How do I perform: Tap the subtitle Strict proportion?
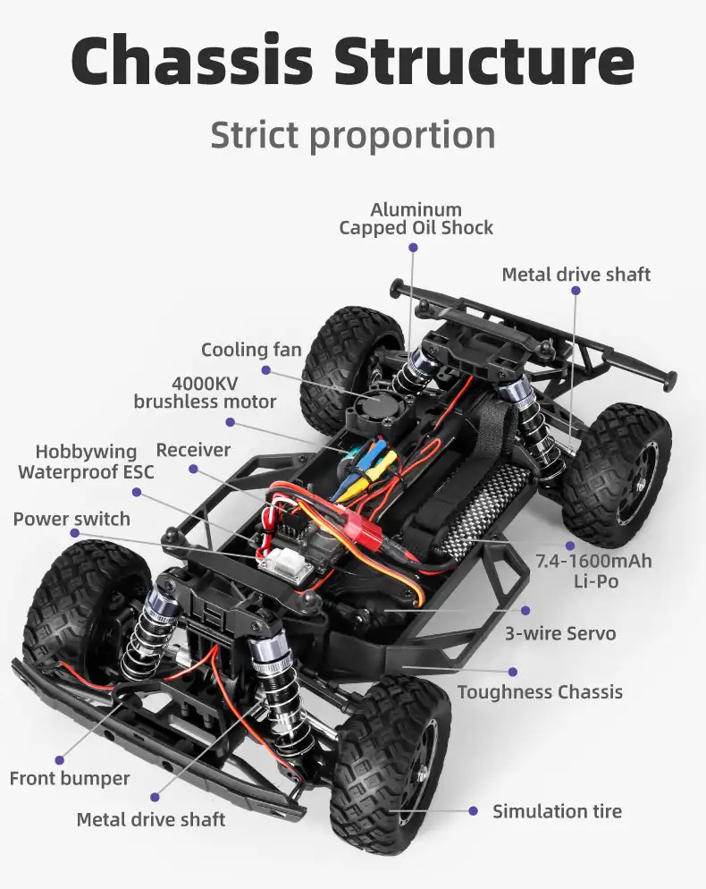(353, 135)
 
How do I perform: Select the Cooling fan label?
(251, 350)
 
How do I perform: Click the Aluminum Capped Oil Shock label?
(416, 219)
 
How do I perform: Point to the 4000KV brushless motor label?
(205, 393)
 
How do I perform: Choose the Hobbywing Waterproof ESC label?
(86, 461)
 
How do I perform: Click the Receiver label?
(193, 450)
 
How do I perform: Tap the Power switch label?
(71, 519)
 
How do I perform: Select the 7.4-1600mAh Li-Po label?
(593, 571)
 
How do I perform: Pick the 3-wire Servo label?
(560, 633)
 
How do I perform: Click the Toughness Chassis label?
(540, 691)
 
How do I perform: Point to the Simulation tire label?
(557, 811)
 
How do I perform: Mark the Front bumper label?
(70, 778)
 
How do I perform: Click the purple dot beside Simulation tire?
(474, 811)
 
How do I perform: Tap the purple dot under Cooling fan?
(265, 370)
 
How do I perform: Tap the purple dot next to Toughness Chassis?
(513, 672)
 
